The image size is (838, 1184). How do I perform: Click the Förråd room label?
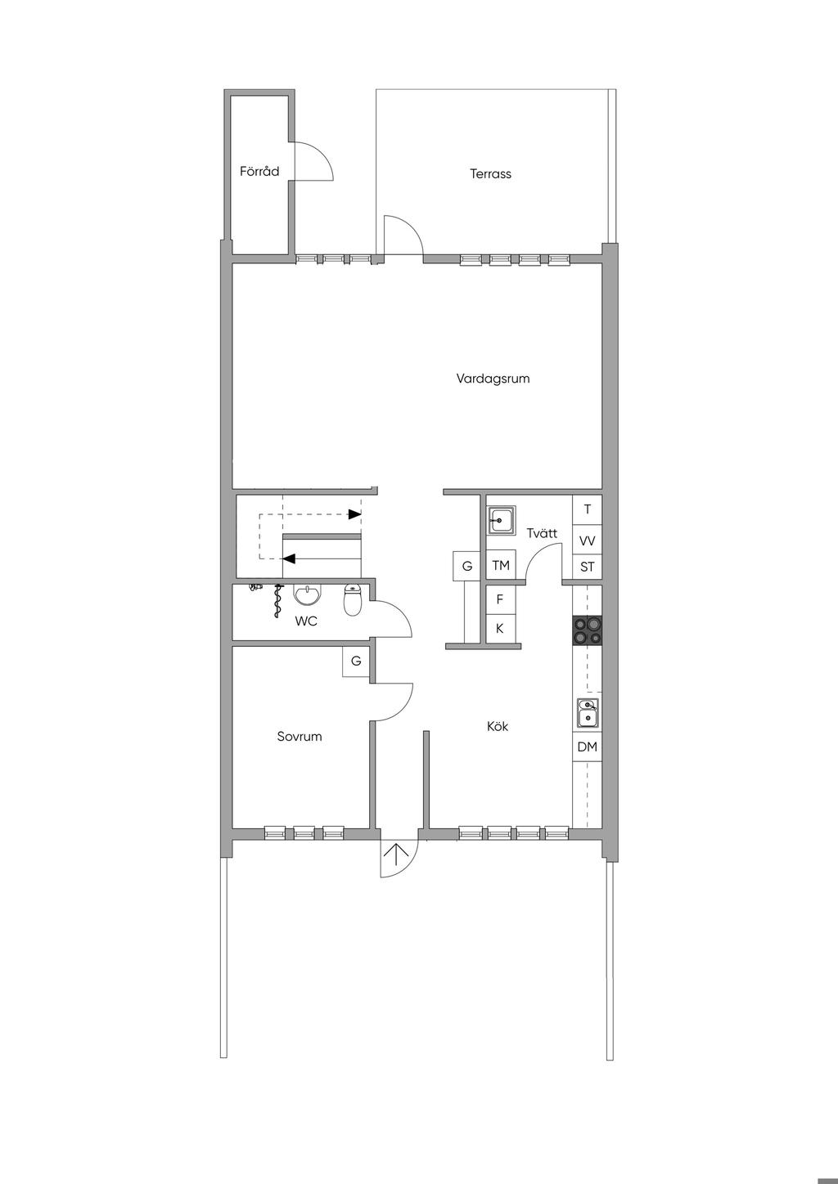pyautogui.click(x=259, y=171)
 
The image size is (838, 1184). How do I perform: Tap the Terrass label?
pyautogui.click(x=490, y=174)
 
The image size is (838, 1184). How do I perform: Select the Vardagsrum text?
pyautogui.click(x=493, y=379)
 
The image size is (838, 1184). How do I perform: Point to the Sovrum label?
pyautogui.click(x=300, y=736)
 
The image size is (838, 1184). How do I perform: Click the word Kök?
pyautogui.click(x=498, y=726)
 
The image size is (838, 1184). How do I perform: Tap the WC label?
pyautogui.click(x=306, y=621)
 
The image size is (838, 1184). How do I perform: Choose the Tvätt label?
pyautogui.click(x=542, y=533)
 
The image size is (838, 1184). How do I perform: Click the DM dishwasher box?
pyautogui.click(x=588, y=747)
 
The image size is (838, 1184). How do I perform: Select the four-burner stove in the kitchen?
pyautogui.click(x=588, y=630)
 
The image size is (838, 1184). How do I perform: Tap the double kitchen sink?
pyautogui.click(x=588, y=714)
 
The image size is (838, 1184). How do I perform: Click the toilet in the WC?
pyautogui.click(x=353, y=600)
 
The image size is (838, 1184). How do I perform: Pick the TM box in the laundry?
pyautogui.click(x=501, y=566)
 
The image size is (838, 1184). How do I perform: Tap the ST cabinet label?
pyautogui.click(x=588, y=567)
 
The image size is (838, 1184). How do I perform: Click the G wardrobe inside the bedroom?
pyautogui.click(x=356, y=662)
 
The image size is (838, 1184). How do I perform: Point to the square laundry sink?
pyautogui.click(x=501, y=521)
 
